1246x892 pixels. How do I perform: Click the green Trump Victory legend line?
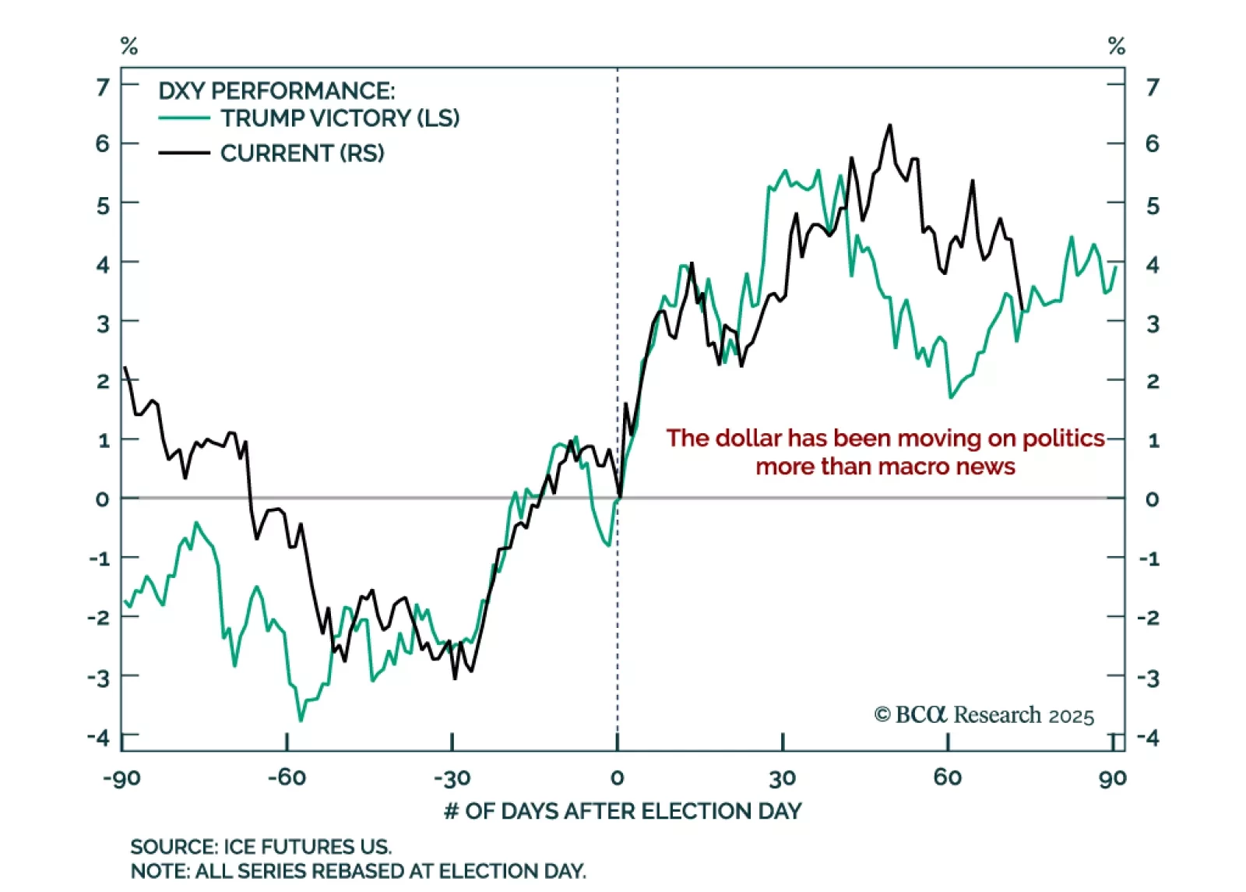pyautogui.click(x=184, y=118)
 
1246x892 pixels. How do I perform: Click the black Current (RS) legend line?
pyautogui.click(x=184, y=153)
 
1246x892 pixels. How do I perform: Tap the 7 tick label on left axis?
pyautogui.click(x=103, y=86)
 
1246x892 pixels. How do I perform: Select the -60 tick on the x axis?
pyautogui.click(x=287, y=777)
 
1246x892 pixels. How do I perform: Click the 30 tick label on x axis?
pyautogui.click(x=782, y=777)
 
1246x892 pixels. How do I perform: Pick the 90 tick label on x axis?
pyautogui.click(x=1113, y=777)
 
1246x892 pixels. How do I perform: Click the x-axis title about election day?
pyautogui.click(x=622, y=811)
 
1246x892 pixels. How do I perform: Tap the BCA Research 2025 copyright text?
pyautogui.click(x=984, y=715)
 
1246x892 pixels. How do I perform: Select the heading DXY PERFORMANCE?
pyautogui.click(x=276, y=91)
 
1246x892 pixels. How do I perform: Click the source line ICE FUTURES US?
pyautogui.click(x=261, y=847)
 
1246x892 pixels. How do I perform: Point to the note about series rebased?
pyautogui.click(x=357, y=870)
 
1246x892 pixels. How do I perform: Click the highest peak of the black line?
pyautogui.click(x=889, y=125)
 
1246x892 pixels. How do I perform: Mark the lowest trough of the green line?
pyautogui.click(x=301, y=721)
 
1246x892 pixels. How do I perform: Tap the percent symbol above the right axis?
pyautogui.click(x=1117, y=47)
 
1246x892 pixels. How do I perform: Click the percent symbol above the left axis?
pyautogui.click(x=129, y=47)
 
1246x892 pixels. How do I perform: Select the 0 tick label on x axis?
pyautogui.click(x=617, y=777)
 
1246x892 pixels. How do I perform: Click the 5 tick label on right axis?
pyautogui.click(x=1153, y=206)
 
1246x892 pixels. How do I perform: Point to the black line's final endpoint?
pyautogui.click(x=1022, y=309)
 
